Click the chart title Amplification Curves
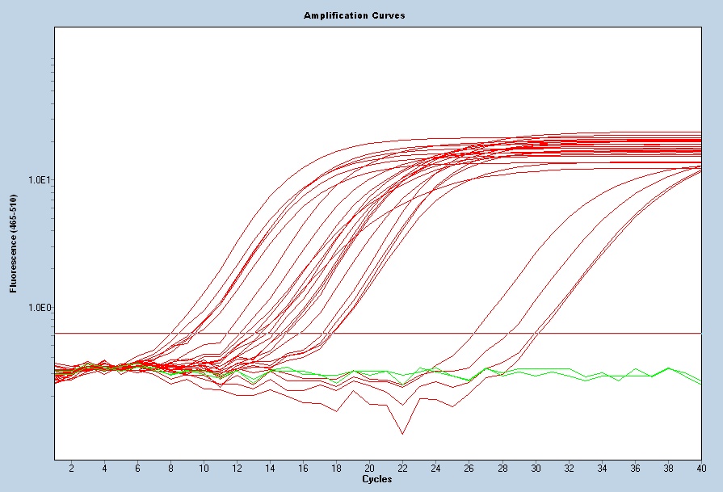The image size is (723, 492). tap(355, 15)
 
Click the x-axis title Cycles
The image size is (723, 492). tap(377, 479)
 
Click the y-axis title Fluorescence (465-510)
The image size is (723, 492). tap(13, 243)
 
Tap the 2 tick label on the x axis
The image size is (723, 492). tap(71, 469)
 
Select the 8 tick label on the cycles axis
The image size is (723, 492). tap(170, 469)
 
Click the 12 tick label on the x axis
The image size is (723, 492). tap(237, 469)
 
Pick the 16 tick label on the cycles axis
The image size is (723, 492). tap(303, 469)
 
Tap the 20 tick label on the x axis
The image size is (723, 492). tap(369, 469)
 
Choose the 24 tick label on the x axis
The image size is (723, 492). tap(436, 469)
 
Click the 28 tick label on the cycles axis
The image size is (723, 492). tap(502, 469)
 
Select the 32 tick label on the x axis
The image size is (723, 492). tap(569, 469)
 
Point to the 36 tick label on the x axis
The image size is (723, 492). tap(635, 469)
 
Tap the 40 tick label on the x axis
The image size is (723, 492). tap(701, 469)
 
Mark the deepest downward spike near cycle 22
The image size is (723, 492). tap(402, 434)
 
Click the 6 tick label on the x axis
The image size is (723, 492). tap(137, 469)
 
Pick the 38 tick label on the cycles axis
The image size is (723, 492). tap(668, 469)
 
